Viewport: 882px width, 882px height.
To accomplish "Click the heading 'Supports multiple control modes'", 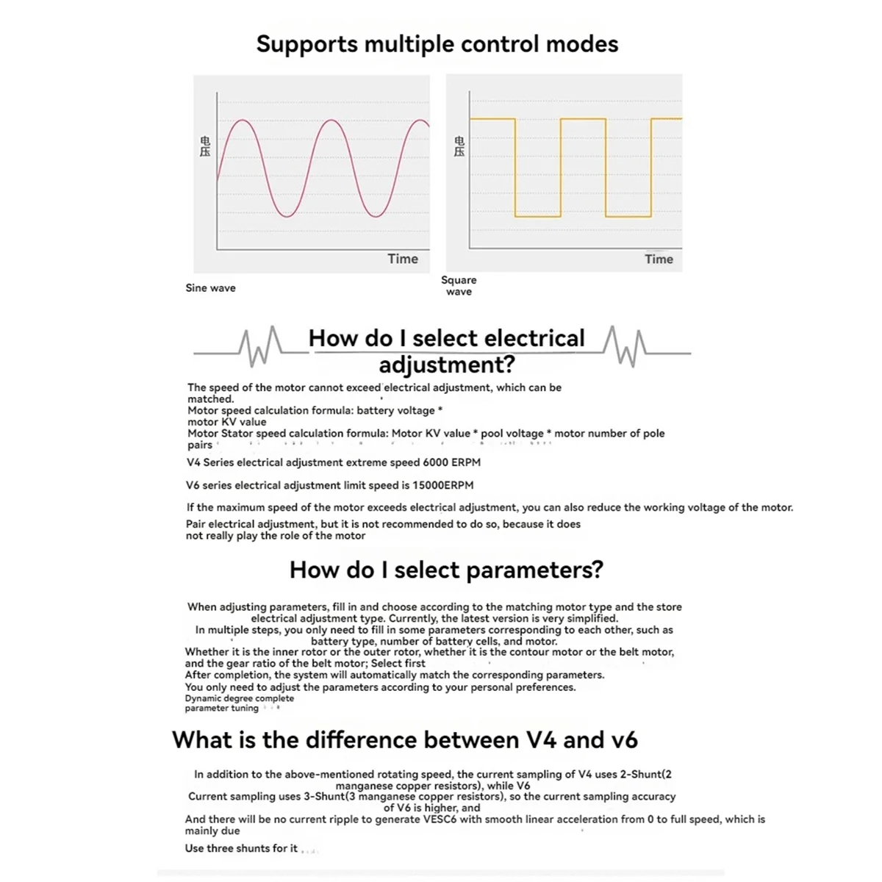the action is pyautogui.click(x=437, y=44).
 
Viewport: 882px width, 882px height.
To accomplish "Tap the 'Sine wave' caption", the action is pyautogui.click(x=210, y=288).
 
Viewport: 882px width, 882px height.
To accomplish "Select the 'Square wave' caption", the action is pyautogui.click(x=459, y=286).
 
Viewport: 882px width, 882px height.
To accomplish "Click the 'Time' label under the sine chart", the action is pyautogui.click(x=403, y=259).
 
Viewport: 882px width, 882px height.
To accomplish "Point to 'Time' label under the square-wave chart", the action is pyautogui.click(x=659, y=259).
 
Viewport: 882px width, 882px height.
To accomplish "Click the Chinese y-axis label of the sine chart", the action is pyautogui.click(x=205, y=146).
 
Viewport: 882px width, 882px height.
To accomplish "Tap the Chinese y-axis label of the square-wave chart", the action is pyautogui.click(x=459, y=146).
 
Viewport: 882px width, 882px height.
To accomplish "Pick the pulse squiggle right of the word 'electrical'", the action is pyautogui.click(x=625, y=346).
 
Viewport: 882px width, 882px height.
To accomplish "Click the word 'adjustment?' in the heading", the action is pyautogui.click(x=447, y=365).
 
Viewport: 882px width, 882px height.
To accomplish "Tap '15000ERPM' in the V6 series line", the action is pyautogui.click(x=443, y=485).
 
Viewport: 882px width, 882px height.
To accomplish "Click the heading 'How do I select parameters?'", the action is pyautogui.click(x=446, y=570).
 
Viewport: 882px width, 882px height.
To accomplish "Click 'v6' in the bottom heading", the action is pyautogui.click(x=624, y=739).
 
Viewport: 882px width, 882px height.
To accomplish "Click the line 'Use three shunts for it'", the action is pyautogui.click(x=241, y=848).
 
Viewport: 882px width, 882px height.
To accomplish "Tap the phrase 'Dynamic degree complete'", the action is pyautogui.click(x=239, y=698).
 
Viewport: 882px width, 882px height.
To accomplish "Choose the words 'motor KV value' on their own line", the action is pyautogui.click(x=226, y=422).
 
